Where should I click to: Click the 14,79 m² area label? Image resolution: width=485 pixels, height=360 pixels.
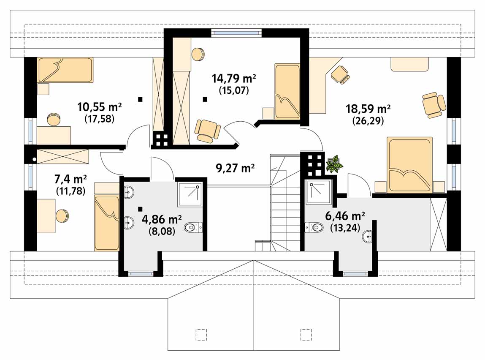pos(233,79)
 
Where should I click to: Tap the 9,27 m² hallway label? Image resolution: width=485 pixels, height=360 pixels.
pos(235,168)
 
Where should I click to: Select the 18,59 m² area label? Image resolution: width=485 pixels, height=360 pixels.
pos(368,109)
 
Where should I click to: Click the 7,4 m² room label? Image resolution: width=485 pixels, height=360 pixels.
pos(70,179)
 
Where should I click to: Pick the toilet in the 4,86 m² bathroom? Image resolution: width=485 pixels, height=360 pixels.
pos(193,228)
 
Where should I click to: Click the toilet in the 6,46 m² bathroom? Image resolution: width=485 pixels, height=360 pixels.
pos(314,227)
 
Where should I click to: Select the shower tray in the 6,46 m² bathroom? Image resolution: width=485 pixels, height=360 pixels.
pos(318,192)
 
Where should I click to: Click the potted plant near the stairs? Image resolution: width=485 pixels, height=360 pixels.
pos(334,164)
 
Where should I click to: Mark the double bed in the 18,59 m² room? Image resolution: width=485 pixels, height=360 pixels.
pos(410,165)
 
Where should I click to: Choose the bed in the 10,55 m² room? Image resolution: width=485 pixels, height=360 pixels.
pos(65,70)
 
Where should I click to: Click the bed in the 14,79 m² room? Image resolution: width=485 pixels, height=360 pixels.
pos(287,91)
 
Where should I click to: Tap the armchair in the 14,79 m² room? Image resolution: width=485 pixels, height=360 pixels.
pos(208,131)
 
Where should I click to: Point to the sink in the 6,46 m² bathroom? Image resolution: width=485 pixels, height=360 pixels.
pos(368,237)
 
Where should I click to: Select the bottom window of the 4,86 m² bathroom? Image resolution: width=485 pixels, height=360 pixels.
pos(141,274)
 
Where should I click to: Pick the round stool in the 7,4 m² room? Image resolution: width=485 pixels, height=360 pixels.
pos(62,215)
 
